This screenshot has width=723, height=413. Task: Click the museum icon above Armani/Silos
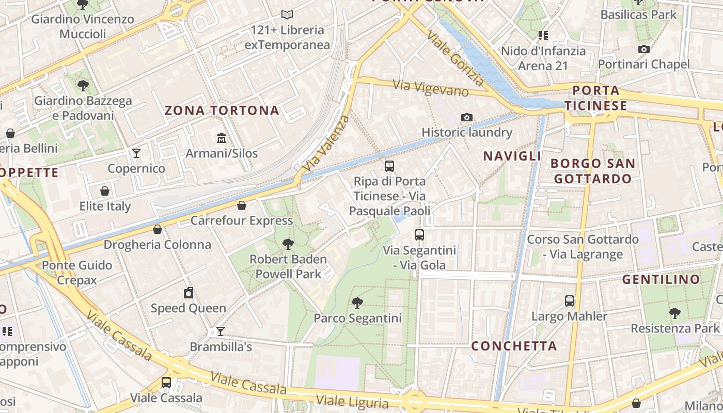point(222,138)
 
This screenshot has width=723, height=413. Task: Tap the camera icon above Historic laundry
point(467,118)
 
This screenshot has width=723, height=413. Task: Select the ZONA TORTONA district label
point(222,110)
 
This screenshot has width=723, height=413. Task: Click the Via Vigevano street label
point(431,88)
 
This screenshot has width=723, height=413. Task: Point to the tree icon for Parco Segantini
point(356,303)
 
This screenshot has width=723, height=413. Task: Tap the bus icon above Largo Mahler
point(570,301)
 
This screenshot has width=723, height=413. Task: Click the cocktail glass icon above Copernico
point(136,153)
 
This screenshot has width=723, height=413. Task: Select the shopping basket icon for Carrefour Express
point(241,206)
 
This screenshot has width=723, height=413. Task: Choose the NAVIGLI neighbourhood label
point(512,156)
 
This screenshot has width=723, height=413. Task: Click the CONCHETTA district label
point(514,346)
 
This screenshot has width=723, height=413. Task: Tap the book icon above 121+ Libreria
point(287,15)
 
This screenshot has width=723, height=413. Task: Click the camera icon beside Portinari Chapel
point(643,50)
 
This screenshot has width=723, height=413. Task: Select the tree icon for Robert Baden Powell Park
point(288,244)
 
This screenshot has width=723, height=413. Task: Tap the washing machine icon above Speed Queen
point(188,293)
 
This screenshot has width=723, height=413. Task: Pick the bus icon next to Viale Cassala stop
point(166,383)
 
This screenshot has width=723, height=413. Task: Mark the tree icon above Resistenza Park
point(674,313)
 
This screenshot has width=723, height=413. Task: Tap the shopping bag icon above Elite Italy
point(105,192)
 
